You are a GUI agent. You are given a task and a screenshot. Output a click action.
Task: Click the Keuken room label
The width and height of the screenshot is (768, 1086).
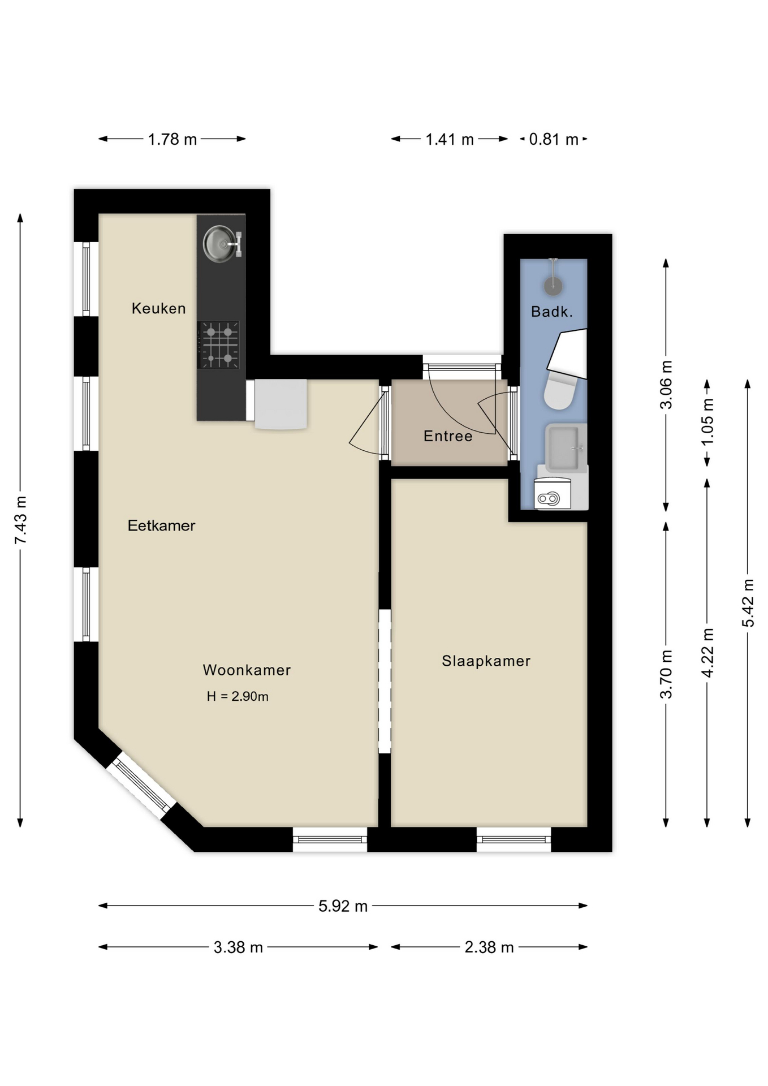[x=158, y=308]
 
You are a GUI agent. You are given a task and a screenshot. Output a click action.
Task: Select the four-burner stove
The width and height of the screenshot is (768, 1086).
[x=219, y=345]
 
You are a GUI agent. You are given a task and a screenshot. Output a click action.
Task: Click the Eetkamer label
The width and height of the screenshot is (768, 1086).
[x=161, y=525]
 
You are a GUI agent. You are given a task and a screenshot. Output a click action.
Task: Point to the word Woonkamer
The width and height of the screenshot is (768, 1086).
[x=247, y=670]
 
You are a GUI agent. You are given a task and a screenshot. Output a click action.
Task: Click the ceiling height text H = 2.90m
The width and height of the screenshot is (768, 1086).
[x=238, y=696]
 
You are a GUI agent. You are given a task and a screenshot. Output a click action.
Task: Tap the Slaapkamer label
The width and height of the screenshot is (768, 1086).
[x=486, y=661]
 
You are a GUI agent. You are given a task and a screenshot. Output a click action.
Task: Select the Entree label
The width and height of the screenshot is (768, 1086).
[x=448, y=436]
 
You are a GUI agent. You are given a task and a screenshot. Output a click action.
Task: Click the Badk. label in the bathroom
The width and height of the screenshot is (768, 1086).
[x=552, y=312]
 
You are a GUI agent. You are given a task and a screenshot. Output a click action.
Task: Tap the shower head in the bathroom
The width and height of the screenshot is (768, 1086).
[x=553, y=286]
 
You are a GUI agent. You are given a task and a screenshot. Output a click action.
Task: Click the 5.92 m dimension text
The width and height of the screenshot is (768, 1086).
[x=343, y=906]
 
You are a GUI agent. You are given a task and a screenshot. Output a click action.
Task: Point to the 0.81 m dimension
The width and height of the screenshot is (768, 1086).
[x=553, y=139]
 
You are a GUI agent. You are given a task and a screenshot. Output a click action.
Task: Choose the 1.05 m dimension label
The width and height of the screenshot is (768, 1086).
[x=707, y=422]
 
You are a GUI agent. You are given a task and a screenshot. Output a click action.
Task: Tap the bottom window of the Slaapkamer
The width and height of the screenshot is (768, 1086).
[x=514, y=839]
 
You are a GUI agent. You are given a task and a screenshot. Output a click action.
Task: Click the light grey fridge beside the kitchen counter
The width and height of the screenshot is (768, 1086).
[x=280, y=404]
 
